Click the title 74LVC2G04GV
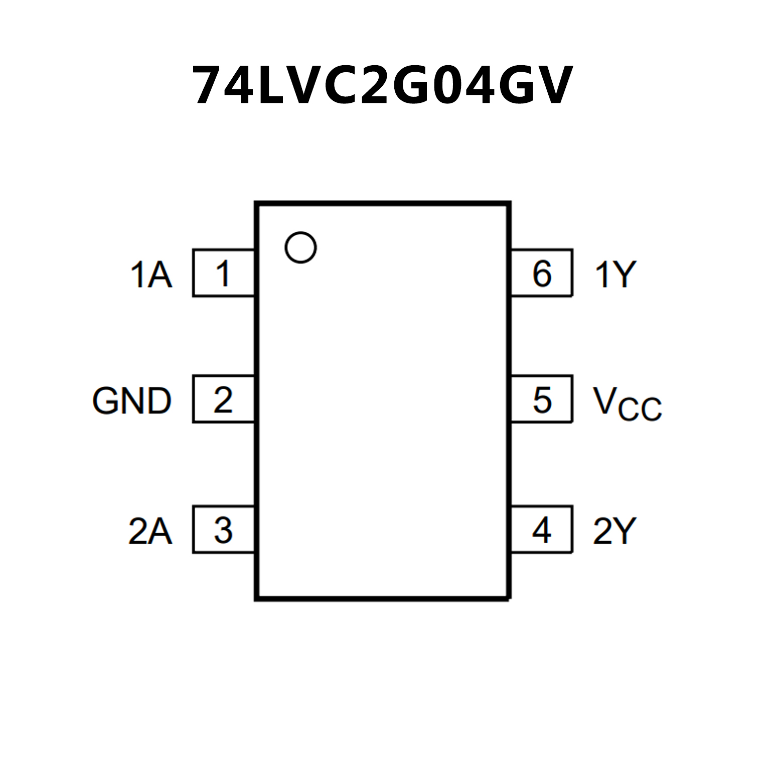click(382, 85)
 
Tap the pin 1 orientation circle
click(300, 247)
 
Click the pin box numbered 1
click(223, 273)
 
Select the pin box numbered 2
click(223, 399)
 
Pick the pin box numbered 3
click(223, 530)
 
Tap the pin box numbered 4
click(542, 530)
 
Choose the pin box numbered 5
click(542, 399)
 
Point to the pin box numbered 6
click(542, 273)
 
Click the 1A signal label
click(151, 275)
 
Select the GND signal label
click(132, 401)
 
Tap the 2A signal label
click(150, 531)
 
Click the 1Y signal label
click(615, 275)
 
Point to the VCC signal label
click(627, 403)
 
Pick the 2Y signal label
click(614, 531)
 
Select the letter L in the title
click(272, 85)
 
